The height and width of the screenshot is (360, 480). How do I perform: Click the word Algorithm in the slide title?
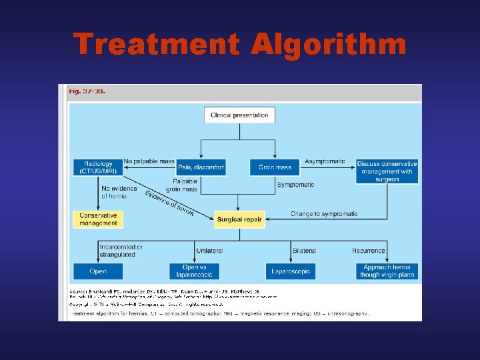(x=329, y=45)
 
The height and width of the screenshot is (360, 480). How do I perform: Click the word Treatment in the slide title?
(x=157, y=45)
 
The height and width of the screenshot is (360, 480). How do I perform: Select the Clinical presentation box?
(x=239, y=115)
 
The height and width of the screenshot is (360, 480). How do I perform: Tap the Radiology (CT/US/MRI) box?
(x=98, y=167)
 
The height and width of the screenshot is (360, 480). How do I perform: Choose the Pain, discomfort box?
(x=201, y=167)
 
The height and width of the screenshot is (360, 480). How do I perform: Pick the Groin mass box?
(x=275, y=167)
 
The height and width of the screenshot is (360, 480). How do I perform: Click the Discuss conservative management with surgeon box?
(x=387, y=171)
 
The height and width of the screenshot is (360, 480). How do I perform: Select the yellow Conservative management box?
(x=98, y=219)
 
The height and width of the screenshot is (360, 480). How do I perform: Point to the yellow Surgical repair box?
(x=239, y=219)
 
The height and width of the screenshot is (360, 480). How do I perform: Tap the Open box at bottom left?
(x=98, y=271)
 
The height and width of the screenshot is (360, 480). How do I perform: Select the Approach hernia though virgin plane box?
(x=387, y=271)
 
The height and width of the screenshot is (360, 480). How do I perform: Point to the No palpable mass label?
(x=149, y=161)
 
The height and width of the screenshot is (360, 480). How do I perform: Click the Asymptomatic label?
(x=325, y=161)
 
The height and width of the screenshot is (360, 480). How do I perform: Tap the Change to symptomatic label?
(x=323, y=214)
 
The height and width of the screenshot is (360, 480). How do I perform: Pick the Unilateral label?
(x=209, y=251)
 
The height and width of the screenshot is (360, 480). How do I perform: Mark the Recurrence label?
(x=369, y=251)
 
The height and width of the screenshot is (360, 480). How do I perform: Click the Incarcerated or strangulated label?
(x=121, y=251)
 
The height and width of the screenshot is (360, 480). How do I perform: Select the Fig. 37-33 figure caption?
(x=87, y=91)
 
